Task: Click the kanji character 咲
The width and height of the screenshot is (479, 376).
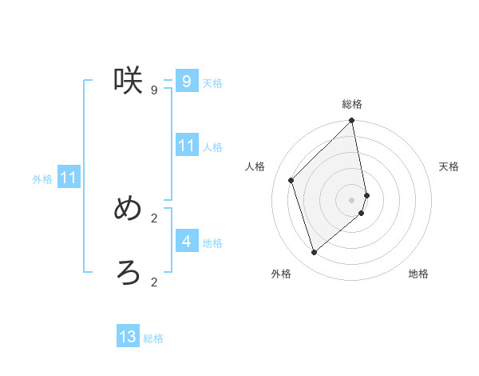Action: coord(128,80)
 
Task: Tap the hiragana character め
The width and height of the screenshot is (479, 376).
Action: coord(128,209)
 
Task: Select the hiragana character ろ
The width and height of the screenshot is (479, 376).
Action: coord(128,273)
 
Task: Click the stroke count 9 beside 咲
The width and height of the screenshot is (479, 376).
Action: coord(153,90)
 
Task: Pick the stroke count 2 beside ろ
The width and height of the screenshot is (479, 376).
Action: coord(153,282)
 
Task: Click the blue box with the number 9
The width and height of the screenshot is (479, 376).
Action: coord(186,82)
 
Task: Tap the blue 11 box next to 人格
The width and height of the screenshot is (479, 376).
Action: coord(186,146)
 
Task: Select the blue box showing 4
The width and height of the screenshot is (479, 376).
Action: coord(186,241)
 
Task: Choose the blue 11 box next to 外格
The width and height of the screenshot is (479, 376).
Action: coord(68,178)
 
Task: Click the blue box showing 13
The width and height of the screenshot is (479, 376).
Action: coord(128,337)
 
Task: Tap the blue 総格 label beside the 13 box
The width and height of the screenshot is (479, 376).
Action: coord(153,338)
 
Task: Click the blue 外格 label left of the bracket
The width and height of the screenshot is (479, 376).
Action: coord(42,179)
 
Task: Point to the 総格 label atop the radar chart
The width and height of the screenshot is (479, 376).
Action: coord(352,104)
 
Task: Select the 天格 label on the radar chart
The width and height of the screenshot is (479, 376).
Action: coord(449,166)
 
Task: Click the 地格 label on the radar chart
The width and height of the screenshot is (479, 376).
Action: coord(418,274)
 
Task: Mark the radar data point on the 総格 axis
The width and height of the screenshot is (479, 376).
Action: coord(352,122)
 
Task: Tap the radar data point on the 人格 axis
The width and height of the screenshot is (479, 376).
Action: coord(291,180)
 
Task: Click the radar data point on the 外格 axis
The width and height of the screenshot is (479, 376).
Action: coord(315,252)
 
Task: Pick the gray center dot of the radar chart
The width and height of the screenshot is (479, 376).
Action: coord(352,199)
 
